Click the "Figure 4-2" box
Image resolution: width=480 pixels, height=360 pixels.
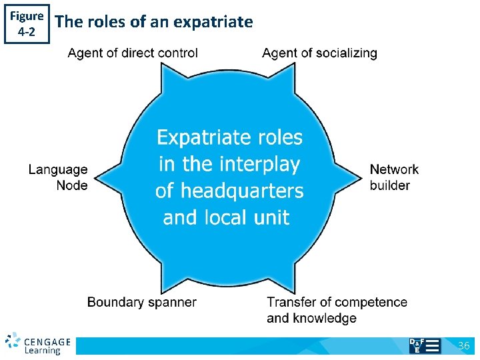pos(27,24)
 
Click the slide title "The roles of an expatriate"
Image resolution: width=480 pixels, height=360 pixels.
pos(154,22)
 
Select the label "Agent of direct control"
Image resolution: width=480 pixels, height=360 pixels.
pos(133,53)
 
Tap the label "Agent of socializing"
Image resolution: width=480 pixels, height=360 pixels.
pos(319,53)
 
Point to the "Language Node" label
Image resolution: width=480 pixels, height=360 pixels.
pos(58,178)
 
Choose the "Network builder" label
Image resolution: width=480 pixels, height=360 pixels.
pos(394,177)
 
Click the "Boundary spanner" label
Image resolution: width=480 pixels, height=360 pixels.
pos(141,303)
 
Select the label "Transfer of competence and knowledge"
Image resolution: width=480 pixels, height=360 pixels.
pos(337,310)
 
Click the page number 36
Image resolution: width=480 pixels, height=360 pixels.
pos(464,345)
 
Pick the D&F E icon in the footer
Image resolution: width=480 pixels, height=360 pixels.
pos(425,345)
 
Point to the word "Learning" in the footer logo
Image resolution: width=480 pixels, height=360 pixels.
pos(43,351)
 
